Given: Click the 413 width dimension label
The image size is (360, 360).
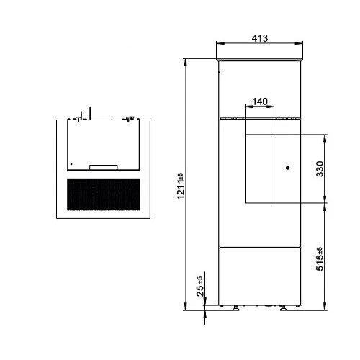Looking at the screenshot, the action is (260, 38).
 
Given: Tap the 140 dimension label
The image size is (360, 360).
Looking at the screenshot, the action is (260, 102).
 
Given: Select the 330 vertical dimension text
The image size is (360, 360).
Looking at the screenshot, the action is (320, 169).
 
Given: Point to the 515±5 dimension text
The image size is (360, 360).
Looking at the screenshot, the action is (320, 258).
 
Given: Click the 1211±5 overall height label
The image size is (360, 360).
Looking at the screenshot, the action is (181, 186).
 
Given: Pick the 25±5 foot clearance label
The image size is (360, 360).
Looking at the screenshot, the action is (199, 287).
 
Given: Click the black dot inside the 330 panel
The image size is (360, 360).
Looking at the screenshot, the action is (287, 168).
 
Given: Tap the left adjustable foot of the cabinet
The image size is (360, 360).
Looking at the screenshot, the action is (235, 308).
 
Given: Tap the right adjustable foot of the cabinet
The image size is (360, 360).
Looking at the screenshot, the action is (284, 308).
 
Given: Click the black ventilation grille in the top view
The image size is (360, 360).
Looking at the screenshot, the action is (104, 194).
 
